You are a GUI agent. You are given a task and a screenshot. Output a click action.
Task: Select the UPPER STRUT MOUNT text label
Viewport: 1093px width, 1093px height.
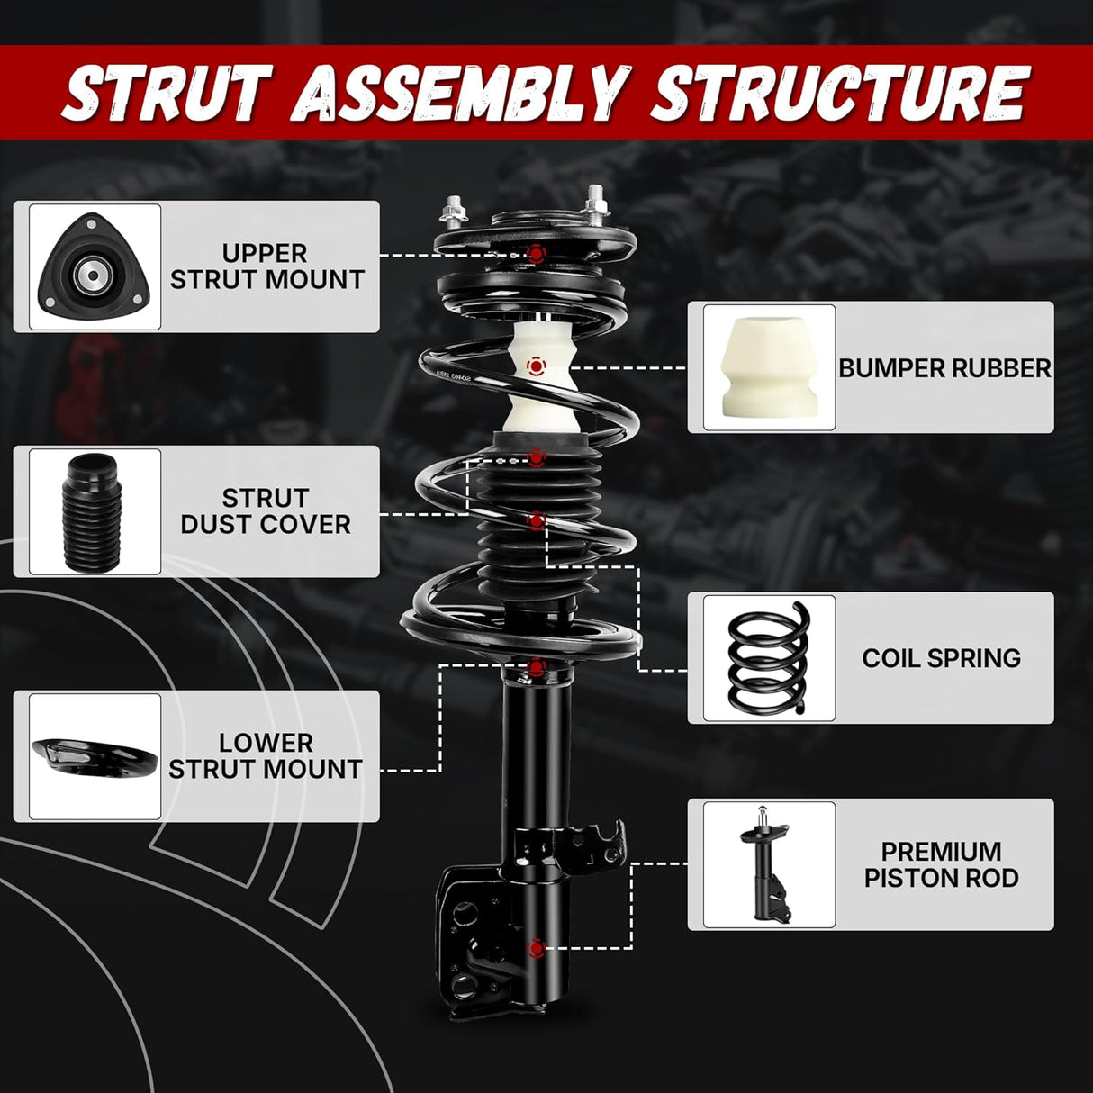[266, 266]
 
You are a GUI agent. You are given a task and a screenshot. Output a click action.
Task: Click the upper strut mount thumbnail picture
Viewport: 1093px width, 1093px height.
[95, 266]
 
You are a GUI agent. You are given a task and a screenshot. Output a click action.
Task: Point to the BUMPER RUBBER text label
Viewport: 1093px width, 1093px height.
[944, 368]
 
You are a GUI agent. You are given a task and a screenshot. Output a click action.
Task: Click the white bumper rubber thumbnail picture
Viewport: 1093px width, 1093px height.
[768, 367]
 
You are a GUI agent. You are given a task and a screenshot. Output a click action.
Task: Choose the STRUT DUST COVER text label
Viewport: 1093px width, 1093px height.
[266, 511]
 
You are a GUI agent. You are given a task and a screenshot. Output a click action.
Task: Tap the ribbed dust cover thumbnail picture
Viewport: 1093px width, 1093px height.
[95, 511]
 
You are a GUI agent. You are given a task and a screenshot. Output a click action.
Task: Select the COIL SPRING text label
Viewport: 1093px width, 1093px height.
[941, 658]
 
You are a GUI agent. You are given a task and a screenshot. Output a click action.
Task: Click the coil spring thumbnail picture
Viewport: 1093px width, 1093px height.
[768, 658]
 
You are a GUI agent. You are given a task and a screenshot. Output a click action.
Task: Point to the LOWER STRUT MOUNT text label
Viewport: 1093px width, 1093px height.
[266, 756]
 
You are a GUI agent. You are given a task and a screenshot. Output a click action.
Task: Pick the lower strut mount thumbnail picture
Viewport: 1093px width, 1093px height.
[95, 756]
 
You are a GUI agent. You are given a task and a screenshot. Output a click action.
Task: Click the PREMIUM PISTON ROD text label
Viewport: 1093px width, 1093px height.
[941, 864]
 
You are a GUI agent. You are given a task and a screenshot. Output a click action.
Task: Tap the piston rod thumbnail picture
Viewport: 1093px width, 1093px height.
[768, 864]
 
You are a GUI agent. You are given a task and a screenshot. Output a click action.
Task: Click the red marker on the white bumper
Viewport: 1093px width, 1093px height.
[536, 366]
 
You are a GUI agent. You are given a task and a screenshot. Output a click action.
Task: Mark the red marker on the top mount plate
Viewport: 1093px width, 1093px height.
[537, 254]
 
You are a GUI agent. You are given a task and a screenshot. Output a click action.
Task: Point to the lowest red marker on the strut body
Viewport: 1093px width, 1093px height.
[536, 947]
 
